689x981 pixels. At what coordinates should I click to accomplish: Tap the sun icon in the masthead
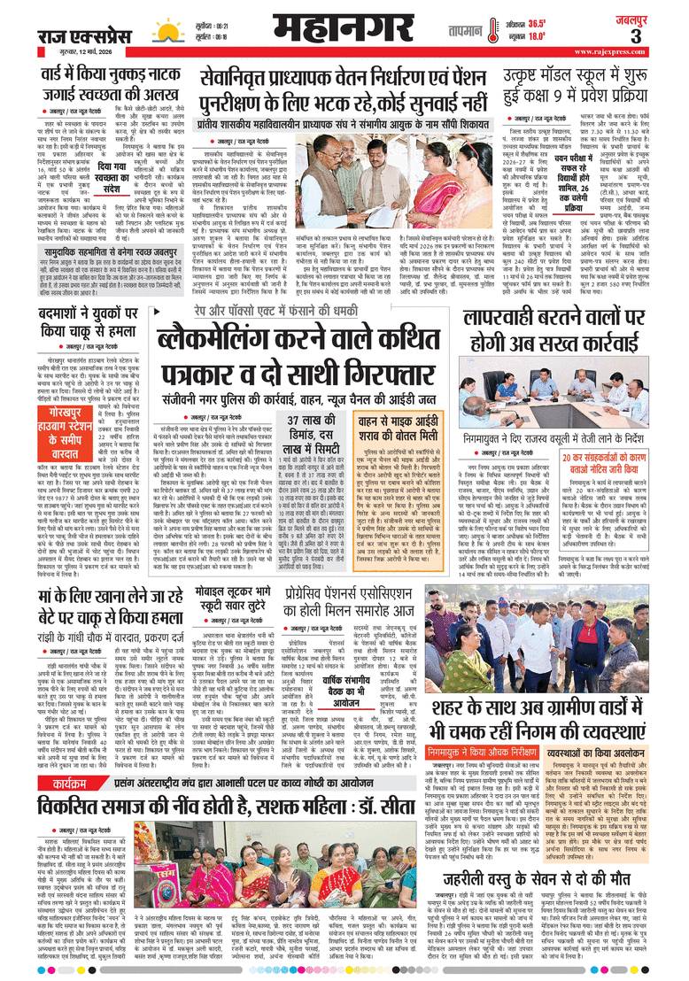pyautogui.click(x=165, y=33)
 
